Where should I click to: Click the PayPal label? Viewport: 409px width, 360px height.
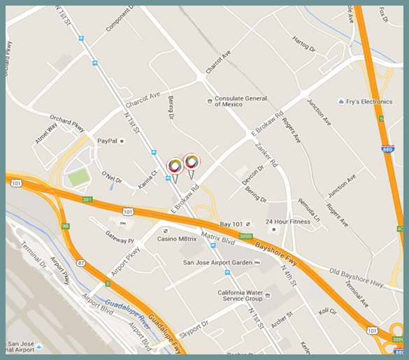[x=106, y=141]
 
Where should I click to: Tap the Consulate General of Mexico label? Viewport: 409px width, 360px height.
[x=241, y=102]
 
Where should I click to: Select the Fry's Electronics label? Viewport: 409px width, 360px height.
[x=369, y=101]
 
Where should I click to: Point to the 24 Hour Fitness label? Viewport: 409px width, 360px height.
[x=287, y=222]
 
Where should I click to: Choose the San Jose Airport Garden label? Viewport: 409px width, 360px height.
[x=217, y=263]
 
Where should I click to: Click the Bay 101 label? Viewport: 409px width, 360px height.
[x=231, y=224]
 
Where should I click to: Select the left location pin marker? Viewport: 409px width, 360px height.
[x=174, y=168]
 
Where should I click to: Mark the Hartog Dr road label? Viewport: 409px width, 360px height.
[x=304, y=45]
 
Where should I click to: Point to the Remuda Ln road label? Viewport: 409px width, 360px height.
[x=308, y=210]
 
